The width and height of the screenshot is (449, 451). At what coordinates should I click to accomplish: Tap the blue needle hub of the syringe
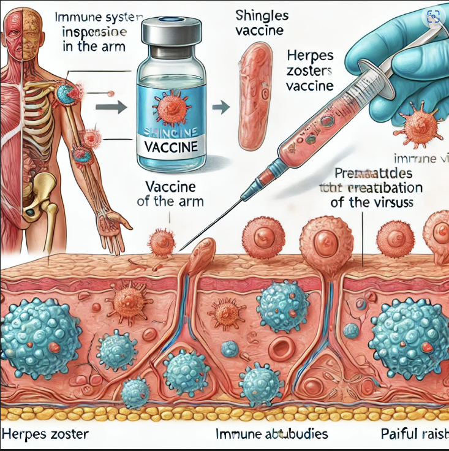coord(251,191)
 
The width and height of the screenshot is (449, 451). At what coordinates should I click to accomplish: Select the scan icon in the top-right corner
coord(434,17)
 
